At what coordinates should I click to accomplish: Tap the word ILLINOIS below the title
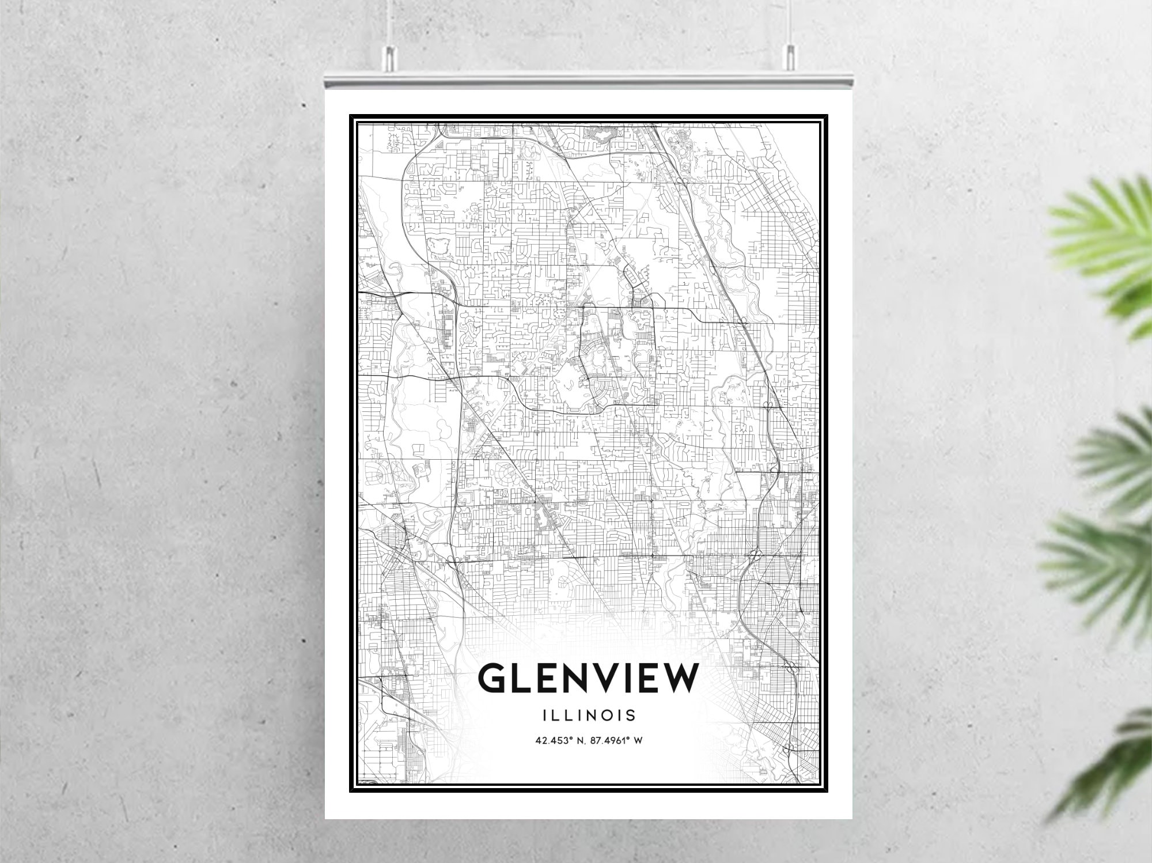(589, 715)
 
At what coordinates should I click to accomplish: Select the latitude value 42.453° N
(558, 740)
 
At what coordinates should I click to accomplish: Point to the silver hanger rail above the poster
(588, 78)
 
